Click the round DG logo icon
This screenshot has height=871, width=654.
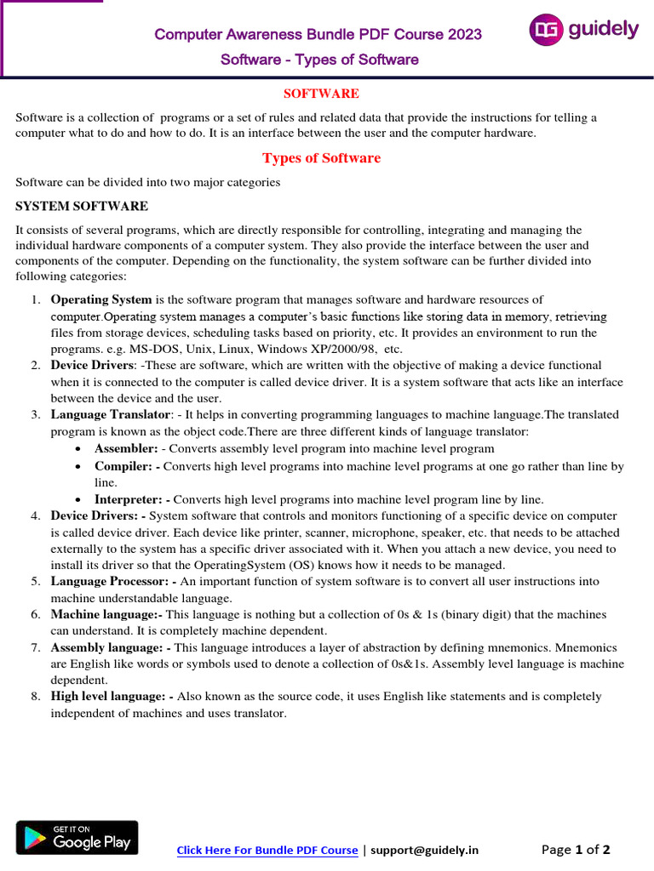pos(546,31)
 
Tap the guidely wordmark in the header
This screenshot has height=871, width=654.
pos(603,30)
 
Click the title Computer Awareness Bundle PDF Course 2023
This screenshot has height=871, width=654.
pos(318,34)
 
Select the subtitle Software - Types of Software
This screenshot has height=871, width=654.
pos(319,60)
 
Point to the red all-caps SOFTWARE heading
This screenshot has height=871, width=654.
pos(320,94)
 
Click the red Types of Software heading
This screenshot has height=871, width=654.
pos(321,158)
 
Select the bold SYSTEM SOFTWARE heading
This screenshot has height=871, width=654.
pos(82,206)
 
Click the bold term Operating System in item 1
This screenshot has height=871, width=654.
pos(101,299)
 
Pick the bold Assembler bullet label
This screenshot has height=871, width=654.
pos(126,448)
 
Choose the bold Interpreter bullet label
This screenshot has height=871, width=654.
pos(130,499)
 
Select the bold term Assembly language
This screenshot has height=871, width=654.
pos(108,648)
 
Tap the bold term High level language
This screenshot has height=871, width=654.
pos(111,697)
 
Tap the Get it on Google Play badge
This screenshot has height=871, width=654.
pos(77,838)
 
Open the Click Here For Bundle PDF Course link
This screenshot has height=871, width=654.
pos(267,850)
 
